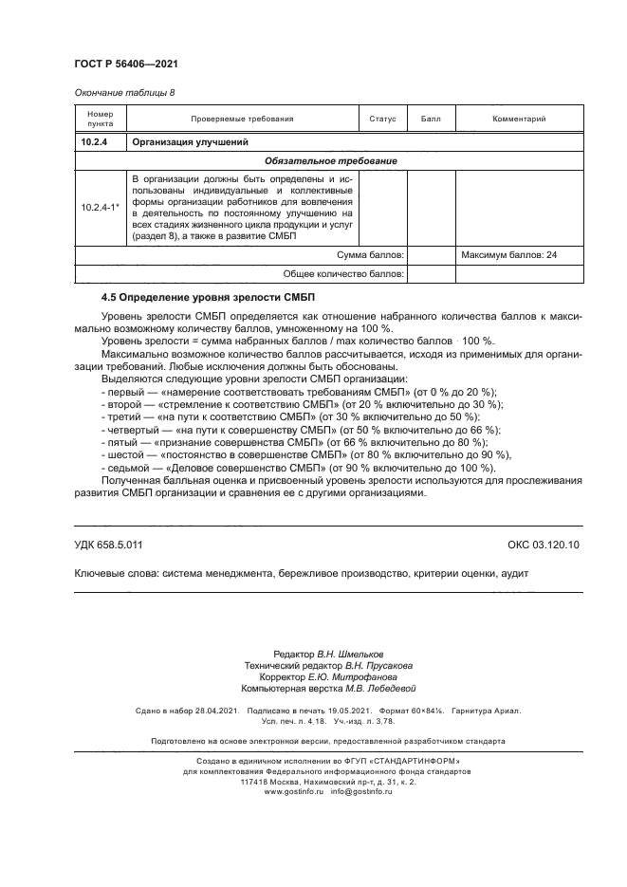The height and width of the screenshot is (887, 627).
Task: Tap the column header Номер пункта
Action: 100,119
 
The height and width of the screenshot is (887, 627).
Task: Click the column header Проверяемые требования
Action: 242,119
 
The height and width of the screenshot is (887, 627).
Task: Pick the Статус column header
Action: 382,119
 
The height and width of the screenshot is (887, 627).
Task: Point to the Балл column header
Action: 432,119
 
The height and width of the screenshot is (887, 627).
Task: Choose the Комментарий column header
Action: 519,119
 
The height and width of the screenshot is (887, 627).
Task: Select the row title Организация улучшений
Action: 190,142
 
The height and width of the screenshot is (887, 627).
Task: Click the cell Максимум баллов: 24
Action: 508,255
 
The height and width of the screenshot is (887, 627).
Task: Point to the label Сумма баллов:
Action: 371,255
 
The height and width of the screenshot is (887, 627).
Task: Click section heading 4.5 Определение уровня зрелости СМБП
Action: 187,298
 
